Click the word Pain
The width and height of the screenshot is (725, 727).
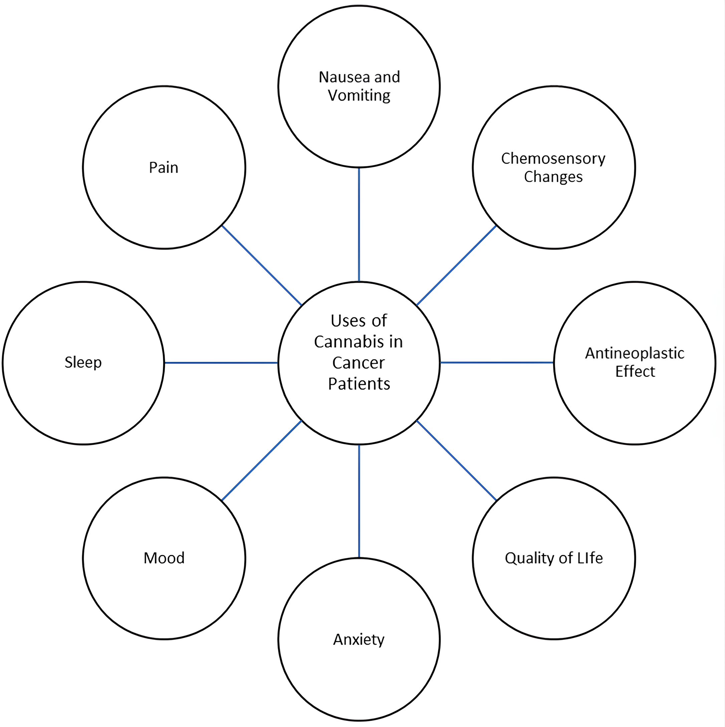tap(164, 167)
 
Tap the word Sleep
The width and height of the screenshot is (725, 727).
tap(83, 362)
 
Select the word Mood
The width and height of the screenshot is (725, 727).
tap(164, 558)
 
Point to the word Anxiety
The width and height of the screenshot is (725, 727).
tap(359, 639)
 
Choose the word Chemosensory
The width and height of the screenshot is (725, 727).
tap(553, 158)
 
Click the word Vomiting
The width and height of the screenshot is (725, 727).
tap(359, 95)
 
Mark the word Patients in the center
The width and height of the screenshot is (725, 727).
tap(359, 384)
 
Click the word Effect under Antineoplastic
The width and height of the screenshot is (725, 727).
tap(635, 372)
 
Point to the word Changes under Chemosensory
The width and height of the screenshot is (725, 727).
tap(553, 176)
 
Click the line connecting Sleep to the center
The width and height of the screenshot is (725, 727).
tap(221, 363)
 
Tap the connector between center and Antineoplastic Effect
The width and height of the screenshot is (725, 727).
tap(496, 363)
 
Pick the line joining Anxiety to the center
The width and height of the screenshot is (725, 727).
tap(359, 501)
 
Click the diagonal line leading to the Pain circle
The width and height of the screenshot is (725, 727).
tap(262, 265)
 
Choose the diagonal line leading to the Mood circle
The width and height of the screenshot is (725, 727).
tap(262, 461)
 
